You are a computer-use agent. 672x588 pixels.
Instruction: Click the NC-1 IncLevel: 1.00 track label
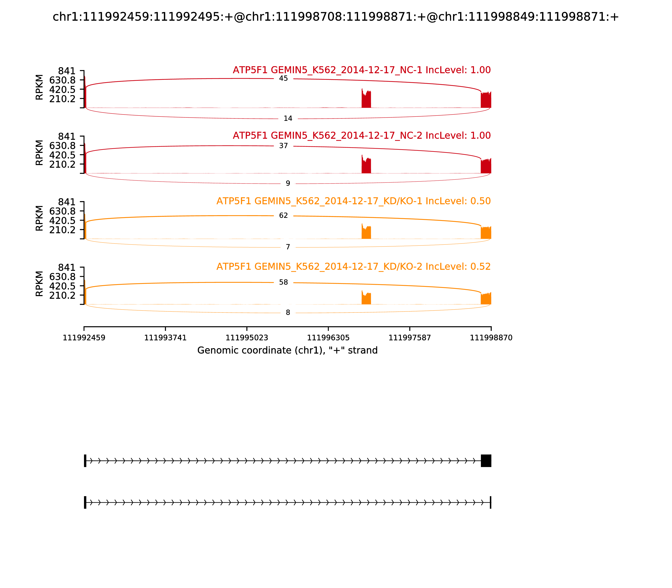(x=362, y=70)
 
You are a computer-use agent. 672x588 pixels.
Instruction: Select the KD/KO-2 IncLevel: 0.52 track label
(x=353, y=266)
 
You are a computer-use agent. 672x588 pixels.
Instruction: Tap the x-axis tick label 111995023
(x=247, y=338)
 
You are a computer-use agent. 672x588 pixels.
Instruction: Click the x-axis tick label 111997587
(x=409, y=338)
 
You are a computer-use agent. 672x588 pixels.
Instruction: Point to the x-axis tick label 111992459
(x=84, y=338)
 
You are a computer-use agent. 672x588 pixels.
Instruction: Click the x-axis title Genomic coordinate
(x=287, y=350)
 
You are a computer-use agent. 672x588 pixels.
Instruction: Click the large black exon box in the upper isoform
(x=486, y=461)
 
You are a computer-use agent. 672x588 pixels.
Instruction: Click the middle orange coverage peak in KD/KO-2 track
(x=366, y=298)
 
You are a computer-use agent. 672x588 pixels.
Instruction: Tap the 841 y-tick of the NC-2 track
(x=67, y=136)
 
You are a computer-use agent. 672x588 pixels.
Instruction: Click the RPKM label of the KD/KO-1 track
(x=39, y=218)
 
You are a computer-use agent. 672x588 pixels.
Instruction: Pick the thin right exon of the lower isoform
(x=491, y=502)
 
